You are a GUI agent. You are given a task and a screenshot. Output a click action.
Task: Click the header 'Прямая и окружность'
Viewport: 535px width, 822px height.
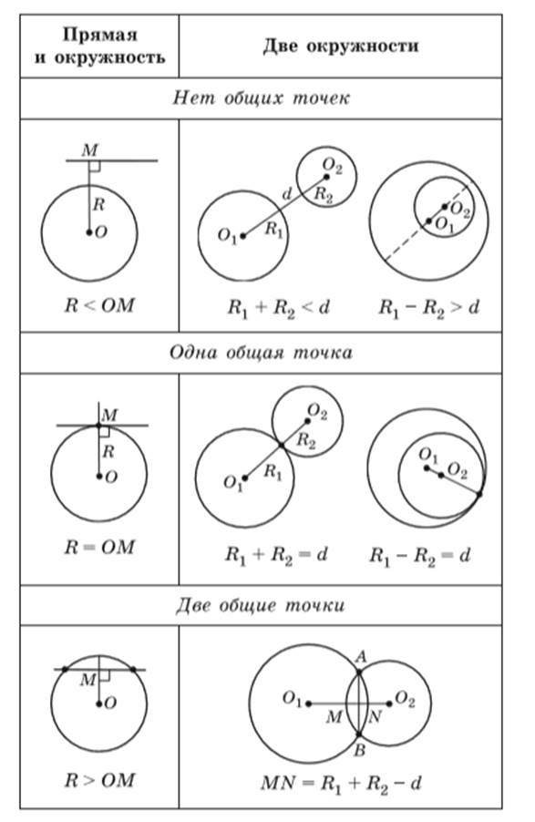tap(99, 46)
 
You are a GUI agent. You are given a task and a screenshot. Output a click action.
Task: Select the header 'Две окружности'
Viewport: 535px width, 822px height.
tap(341, 46)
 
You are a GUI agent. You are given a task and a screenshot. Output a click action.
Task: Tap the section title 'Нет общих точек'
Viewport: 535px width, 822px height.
tap(261, 98)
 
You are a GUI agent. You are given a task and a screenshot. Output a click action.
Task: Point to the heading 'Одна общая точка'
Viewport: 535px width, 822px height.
tap(261, 353)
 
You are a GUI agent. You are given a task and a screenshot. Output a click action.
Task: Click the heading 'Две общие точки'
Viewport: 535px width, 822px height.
tap(261, 605)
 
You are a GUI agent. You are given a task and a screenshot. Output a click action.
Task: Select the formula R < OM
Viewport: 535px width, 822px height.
tap(99, 305)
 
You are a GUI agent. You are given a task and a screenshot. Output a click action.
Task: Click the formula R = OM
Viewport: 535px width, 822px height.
tap(99, 548)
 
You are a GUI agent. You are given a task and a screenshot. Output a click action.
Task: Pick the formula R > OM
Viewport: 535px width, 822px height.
tap(99, 781)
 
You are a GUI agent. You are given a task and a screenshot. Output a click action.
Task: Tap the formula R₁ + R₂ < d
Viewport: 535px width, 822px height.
tap(279, 308)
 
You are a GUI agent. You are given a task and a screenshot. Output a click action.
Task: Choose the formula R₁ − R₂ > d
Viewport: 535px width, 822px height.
tap(429, 308)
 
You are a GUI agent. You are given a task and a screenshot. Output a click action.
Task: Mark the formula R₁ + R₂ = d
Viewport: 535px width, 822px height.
tap(276, 555)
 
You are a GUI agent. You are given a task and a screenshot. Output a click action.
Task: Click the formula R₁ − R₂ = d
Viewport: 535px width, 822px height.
tap(420, 555)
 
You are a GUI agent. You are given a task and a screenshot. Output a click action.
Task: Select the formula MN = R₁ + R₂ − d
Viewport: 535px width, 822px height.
tap(342, 785)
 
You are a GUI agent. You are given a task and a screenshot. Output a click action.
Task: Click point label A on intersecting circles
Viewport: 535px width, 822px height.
tap(360, 656)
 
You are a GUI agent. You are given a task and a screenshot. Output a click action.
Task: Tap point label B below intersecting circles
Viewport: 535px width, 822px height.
tap(359, 751)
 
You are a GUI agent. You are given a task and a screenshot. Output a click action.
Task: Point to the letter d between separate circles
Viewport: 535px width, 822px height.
tap(286, 194)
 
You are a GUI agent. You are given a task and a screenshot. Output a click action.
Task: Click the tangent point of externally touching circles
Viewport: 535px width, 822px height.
tap(282, 445)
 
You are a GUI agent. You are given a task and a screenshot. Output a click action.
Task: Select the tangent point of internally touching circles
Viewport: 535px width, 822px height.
tap(478, 494)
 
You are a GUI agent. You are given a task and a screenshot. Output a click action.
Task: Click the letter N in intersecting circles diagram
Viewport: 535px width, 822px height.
tap(375, 716)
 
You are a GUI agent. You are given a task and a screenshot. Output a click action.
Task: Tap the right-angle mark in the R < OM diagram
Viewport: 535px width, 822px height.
tap(95, 166)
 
